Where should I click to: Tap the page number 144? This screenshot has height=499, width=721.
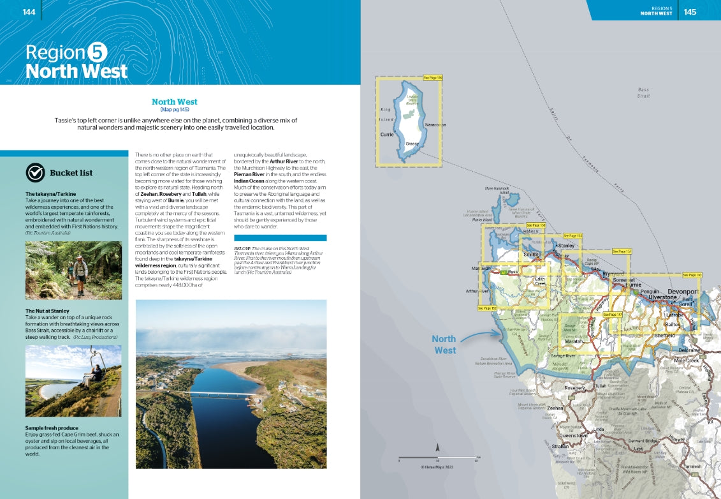(x=29, y=12)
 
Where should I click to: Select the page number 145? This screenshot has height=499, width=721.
(x=690, y=11)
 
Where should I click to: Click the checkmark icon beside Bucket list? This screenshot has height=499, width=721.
(x=35, y=172)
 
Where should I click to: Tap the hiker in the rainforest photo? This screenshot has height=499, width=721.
(x=80, y=271)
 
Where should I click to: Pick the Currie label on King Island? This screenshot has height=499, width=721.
(x=387, y=135)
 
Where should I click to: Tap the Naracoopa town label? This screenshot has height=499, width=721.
(x=433, y=125)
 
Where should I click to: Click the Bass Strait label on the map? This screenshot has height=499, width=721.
(x=643, y=93)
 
